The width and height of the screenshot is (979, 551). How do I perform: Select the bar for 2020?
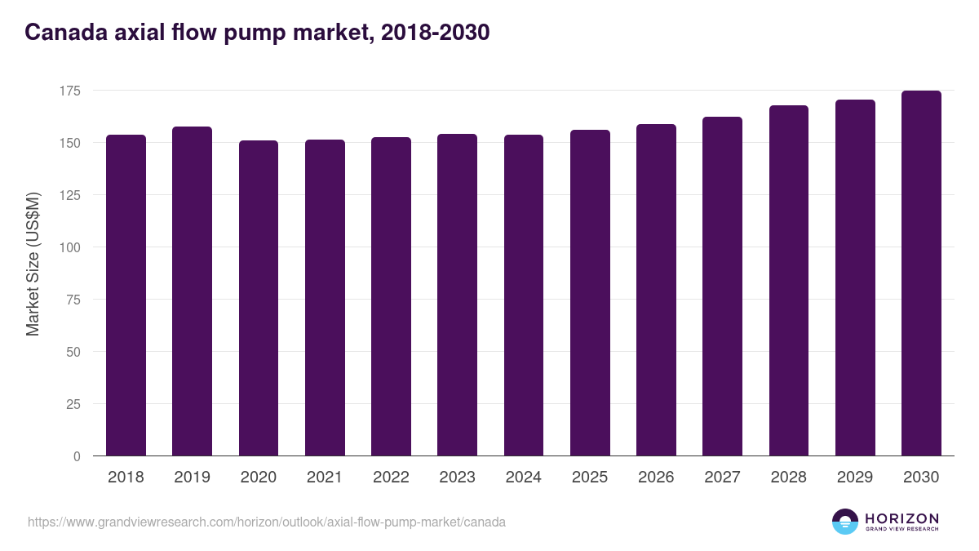tap(259, 298)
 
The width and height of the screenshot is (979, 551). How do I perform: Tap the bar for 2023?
tap(457, 295)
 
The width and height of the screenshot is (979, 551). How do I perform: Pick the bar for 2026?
tap(656, 290)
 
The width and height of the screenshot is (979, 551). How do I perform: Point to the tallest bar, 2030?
tap(921, 273)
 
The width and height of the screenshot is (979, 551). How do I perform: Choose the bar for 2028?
tap(788, 281)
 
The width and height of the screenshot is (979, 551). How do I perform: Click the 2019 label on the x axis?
tap(192, 478)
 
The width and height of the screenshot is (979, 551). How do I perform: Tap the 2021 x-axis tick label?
tap(325, 478)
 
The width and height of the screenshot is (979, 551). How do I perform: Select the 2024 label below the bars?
tap(523, 478)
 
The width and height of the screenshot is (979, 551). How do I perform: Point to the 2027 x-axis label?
tap(722, 478)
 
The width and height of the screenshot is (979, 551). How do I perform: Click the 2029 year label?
tap(855, 478)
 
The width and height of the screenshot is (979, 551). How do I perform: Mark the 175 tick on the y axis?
tap(70, 91)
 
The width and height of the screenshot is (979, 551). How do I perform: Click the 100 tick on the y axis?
tap(70, 247)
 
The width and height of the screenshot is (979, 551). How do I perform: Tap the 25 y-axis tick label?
tap(73, 404)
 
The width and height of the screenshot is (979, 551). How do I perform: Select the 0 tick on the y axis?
tap(77, 456)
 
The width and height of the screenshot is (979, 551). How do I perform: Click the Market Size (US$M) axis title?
tap(33, 264)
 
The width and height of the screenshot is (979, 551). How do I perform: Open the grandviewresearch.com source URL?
tap(267, 522)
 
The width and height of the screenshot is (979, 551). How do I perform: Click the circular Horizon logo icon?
tap(844, 522)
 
